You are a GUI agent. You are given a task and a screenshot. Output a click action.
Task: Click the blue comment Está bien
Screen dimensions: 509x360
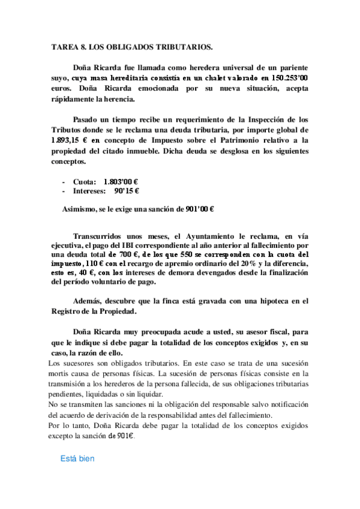pos(77,459)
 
